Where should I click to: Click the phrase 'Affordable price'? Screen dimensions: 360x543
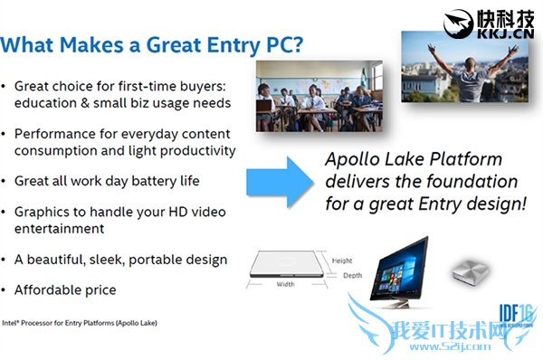coord(66,290)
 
